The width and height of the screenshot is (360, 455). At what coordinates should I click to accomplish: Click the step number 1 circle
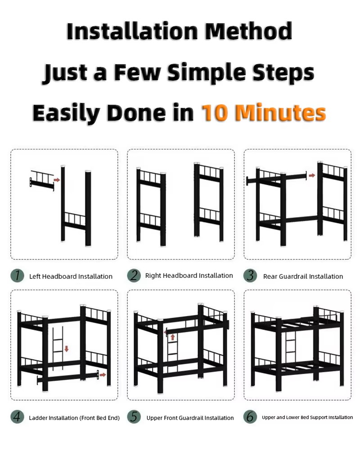[x=18, y=276]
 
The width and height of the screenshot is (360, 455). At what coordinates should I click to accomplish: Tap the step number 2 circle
[x=134, y=275]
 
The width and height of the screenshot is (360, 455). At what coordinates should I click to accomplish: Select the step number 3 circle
[x=250, y=276]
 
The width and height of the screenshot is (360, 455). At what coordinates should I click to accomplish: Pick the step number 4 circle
[x=18, y=417]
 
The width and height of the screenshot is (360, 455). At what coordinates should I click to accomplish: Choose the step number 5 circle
[x=134, y=417]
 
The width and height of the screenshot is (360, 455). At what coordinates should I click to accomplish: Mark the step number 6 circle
[x=250, y=417]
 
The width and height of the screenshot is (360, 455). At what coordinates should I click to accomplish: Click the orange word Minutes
[x=281, y=112]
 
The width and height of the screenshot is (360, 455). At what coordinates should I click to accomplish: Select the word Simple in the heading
[x=207, y=73]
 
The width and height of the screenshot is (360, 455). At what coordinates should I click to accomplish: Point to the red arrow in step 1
[x=57, y=180]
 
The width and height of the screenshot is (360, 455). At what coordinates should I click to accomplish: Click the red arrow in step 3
[x=312, y=175]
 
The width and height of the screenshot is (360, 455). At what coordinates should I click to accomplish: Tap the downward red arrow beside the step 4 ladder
[x=67, y=348]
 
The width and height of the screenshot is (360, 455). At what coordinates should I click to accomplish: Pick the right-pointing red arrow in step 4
[x=103, y=375]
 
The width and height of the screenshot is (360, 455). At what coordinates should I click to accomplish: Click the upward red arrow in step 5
[x=173, y=337]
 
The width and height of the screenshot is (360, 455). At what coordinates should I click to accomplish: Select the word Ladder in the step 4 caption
[x=38, y=418]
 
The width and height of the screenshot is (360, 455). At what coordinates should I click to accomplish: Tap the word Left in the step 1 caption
[x=35, y=277]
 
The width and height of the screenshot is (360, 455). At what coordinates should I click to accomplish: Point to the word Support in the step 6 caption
[x=318, y=418]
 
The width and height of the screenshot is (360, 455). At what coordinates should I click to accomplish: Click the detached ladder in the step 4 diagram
[x=58, y=348]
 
